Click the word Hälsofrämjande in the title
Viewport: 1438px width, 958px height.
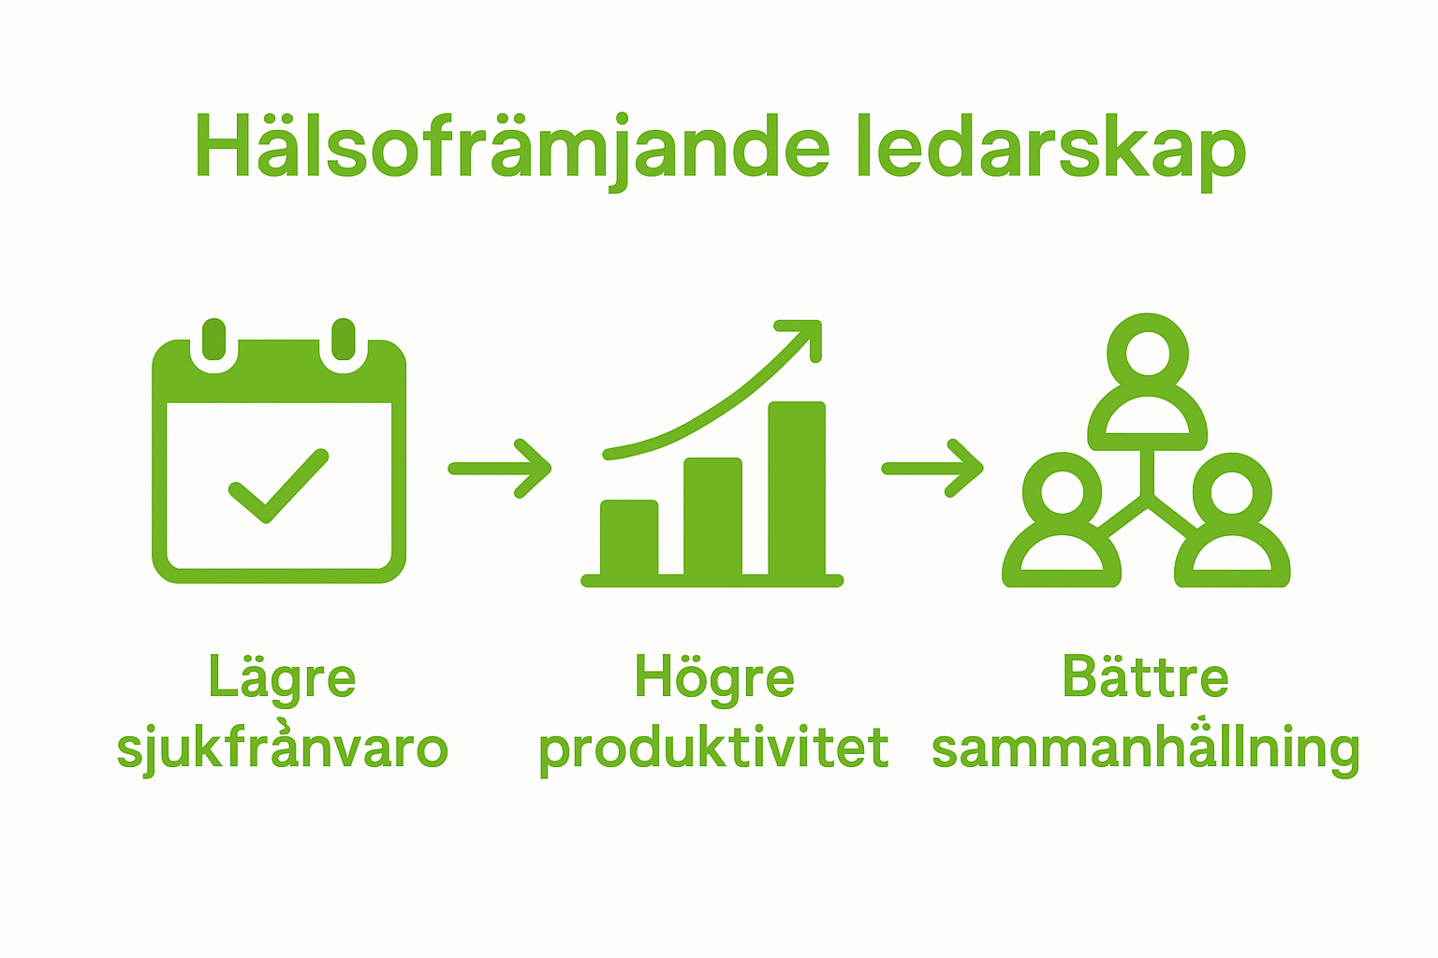[x=511, y=148]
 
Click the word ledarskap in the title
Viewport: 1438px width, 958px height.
[x=1049, y=148]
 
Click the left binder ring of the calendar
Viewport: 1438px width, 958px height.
[x=214, y=342]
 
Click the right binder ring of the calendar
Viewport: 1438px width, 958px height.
[x=344, y=342]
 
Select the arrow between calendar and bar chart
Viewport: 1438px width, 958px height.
[x=500, y=469]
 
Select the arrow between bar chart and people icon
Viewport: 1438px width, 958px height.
[x=932, y=468]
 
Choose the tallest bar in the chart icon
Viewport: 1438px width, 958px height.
[x=797, y=488]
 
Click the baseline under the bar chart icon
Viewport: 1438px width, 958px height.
[x=712, y=581]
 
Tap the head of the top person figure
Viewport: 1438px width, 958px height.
[x=1148, y=353]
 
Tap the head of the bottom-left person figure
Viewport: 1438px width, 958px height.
[x=1062, y=492]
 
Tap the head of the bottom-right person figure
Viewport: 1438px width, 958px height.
[x=1232, y=492]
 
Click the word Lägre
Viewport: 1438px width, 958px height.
[x=282, y=678]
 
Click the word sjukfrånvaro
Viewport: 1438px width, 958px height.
[x=282, y=748]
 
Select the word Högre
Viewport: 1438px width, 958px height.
[x=714, y=678]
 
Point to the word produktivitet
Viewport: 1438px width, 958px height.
[x=713, y=748]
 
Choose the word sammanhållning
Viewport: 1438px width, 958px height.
[x=1145, y=748]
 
